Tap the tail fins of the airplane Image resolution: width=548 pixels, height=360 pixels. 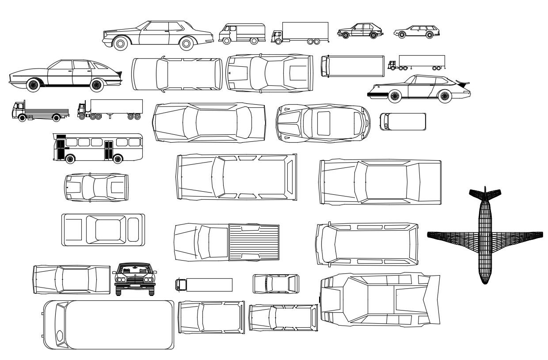(x=485, y=193)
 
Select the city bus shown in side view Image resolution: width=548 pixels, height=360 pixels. (x=98, y=148)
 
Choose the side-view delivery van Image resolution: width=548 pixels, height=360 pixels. (x=242, y=34)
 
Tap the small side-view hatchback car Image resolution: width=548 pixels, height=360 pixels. (x=360, y=31)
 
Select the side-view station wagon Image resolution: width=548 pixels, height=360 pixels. (x=417, y=31)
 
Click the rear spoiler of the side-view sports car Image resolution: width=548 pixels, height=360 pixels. (x=463, y=83)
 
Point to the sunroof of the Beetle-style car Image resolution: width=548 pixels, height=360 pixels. (x=323, y=123)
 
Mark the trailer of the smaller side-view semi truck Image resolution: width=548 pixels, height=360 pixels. (x=422, y=61)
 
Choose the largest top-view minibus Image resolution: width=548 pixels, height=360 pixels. (x=108, y=325)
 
